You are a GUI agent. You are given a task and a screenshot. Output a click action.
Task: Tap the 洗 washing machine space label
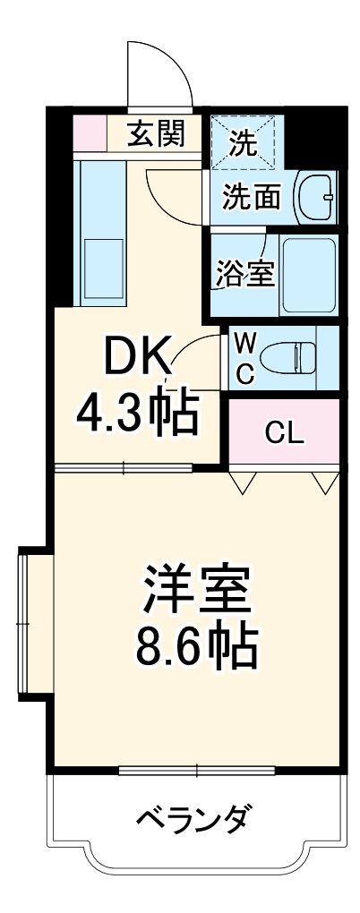[x=241, y=141]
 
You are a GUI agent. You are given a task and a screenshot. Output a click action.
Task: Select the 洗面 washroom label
[x=252, y=195]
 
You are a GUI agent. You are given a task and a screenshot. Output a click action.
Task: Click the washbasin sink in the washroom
[x=314, y=194]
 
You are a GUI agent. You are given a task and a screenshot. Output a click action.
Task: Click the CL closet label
[x=285, y=437]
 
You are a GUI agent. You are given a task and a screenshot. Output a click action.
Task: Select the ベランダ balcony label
[x=194, y=816]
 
